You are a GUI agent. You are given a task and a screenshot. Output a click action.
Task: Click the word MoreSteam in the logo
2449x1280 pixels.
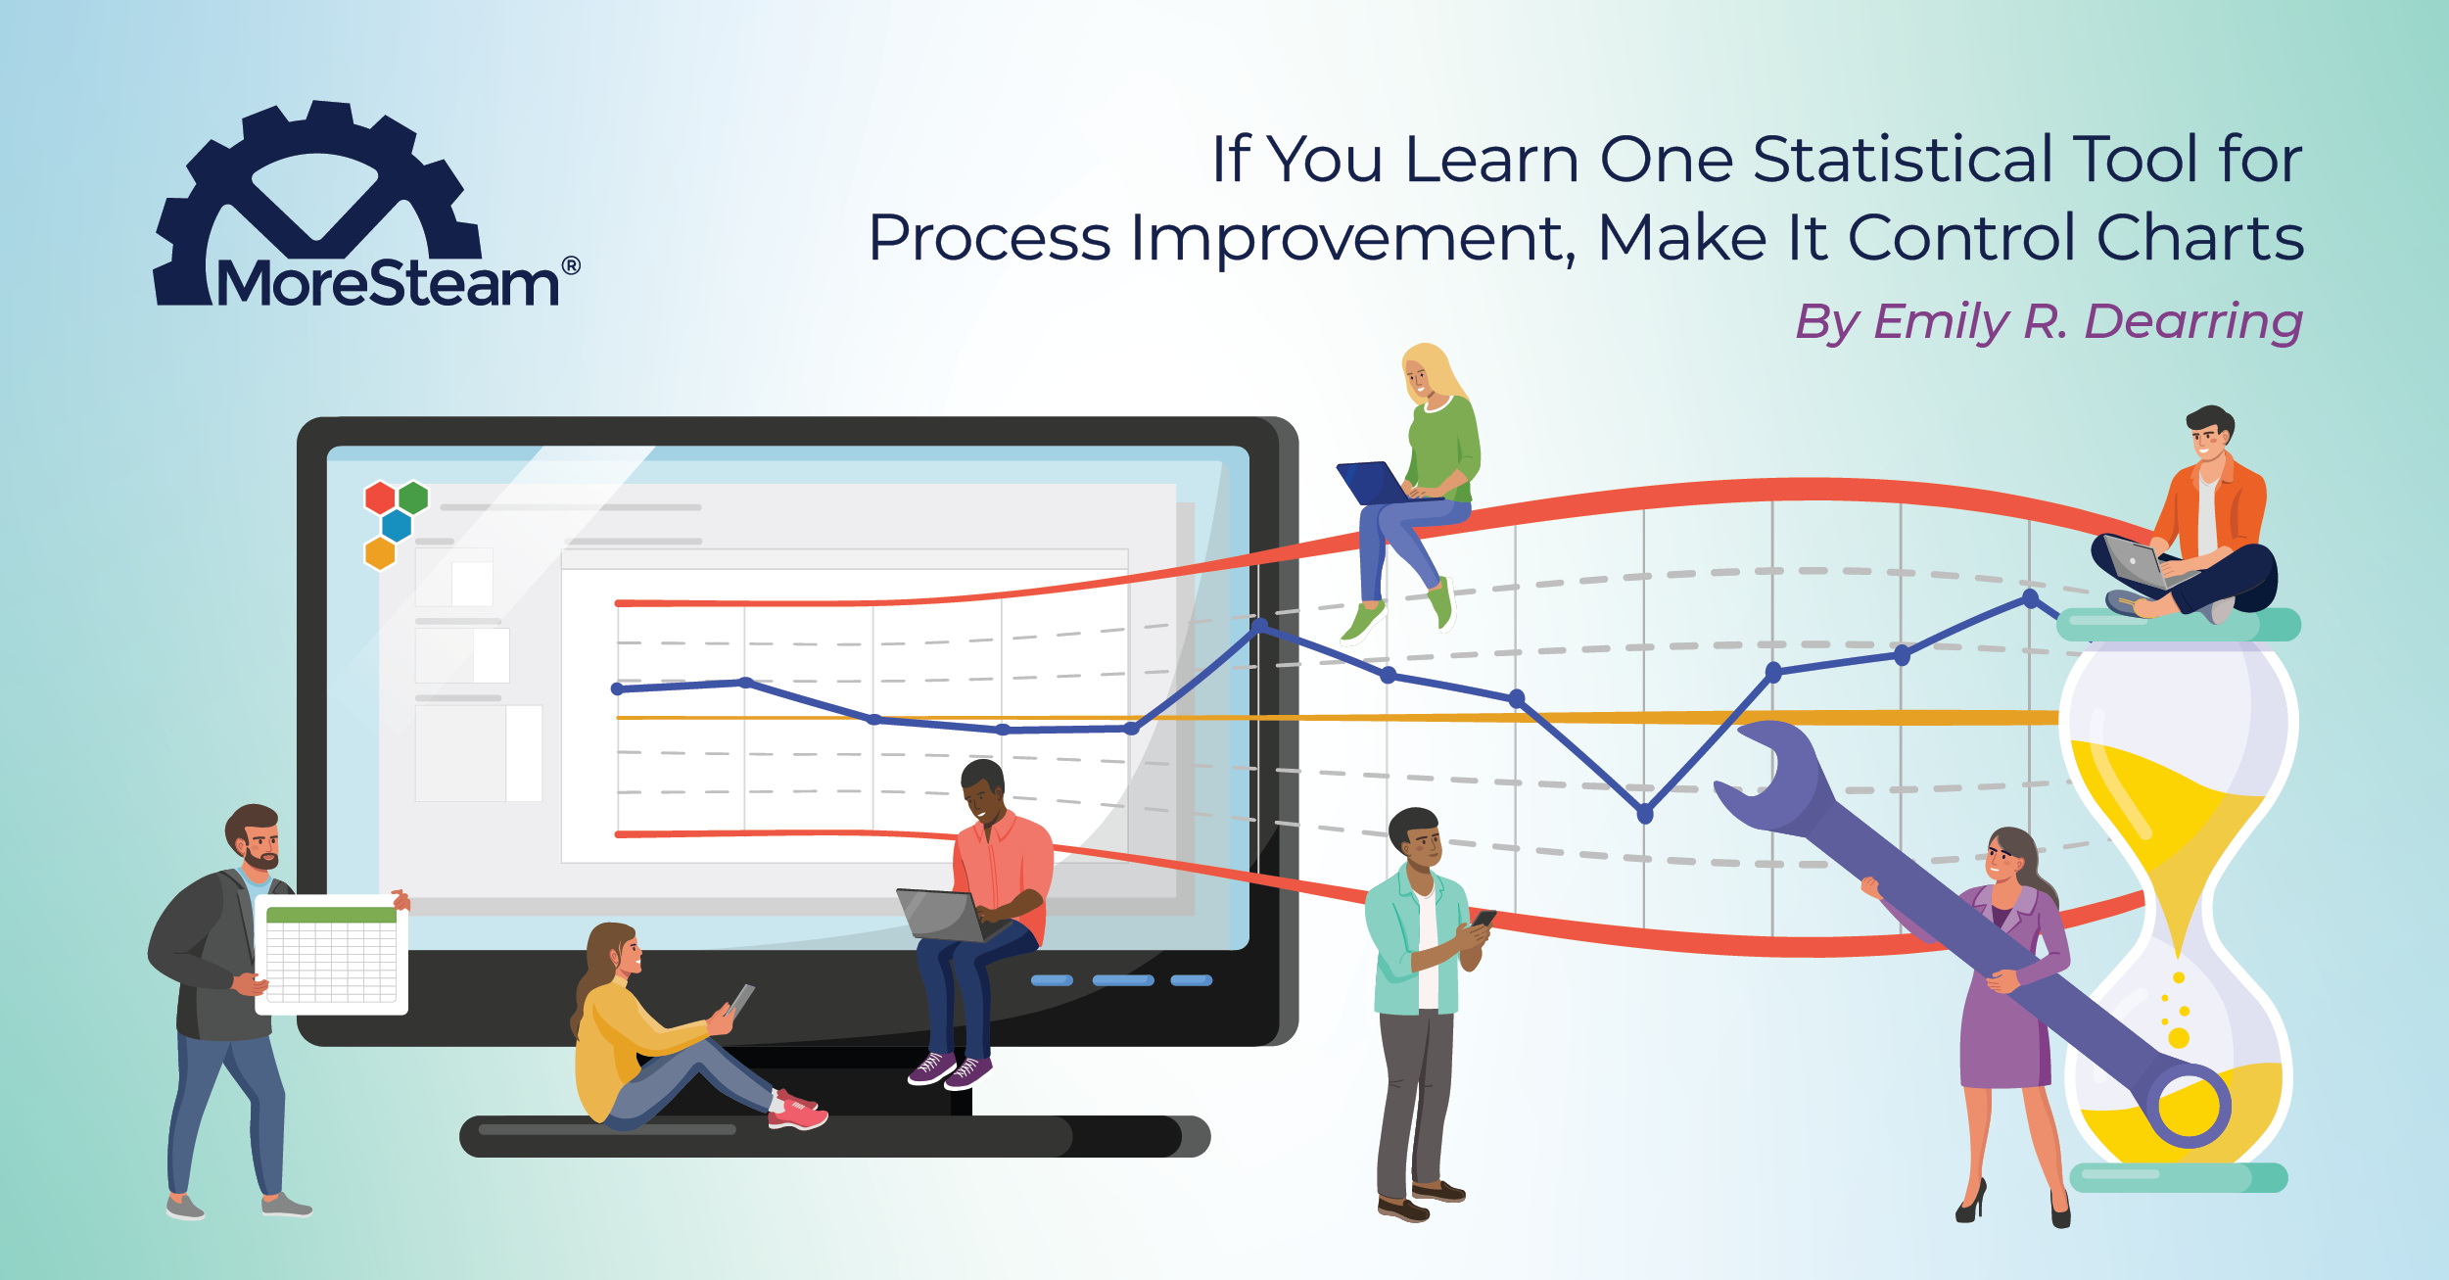click(x=387, y=284)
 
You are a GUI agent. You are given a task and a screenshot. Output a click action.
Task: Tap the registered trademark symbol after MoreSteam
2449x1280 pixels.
click(x=571, y=266)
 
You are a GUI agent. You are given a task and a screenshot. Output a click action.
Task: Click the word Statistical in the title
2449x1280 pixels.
click(x=1902, y=159)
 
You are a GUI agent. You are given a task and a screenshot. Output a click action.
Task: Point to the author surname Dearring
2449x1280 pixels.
click(x=2192, y=321)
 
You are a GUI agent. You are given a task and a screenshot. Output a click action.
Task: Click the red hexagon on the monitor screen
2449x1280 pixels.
click(x=380, y=498)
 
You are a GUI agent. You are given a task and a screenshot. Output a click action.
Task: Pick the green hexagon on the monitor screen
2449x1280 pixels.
click(x=413, y=498)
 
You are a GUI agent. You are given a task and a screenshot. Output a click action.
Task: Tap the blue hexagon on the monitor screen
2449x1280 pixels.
click(x=397, y=526)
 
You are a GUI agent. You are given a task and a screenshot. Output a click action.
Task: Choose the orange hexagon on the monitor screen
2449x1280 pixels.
click(x=380, y=553)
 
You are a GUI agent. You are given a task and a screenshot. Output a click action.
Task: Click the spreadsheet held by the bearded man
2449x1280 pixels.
click(x=331, y=955)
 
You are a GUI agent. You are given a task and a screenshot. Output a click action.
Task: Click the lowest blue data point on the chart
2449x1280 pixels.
click(x=1645, y=813)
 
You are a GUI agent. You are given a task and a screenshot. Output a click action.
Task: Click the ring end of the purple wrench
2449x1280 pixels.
click(x=2189, y=1106)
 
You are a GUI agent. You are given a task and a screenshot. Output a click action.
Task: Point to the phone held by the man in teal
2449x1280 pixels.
click(x=1483, y=919)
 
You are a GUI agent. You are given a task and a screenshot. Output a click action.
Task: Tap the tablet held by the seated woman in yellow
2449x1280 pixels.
click(x=740, y=1001)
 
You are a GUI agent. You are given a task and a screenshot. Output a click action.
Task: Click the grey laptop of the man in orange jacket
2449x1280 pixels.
click(x=2135, y=562)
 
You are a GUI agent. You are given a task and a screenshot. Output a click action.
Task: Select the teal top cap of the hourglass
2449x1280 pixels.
click(x=2178, y=625)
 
